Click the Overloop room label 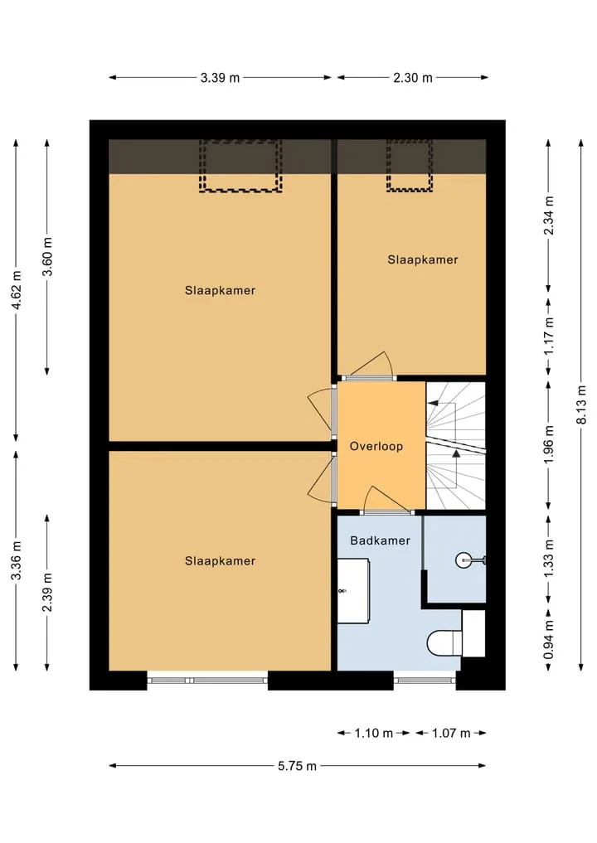pos(376,446)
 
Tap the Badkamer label pos(380,540)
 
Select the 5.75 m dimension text pos(297,766)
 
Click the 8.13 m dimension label pos(581,405)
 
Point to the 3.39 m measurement pos(220,78)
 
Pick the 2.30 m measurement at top pos(413,78)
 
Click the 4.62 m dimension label pos(17,289)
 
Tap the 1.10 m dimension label pos(374,734)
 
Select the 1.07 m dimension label pos(451,734)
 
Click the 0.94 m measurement pos(549,639)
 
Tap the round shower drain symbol pos(463,560)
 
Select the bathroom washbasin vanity pos(353,591)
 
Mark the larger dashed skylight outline pos(241,166)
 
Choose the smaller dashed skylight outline pos(410,166)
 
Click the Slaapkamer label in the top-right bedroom pos(423,260)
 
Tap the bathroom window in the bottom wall pos(425,680)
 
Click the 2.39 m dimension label pos(48,592)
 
